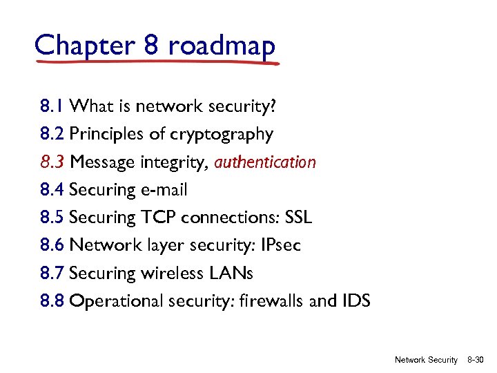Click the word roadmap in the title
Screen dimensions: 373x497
(x=222, y=46)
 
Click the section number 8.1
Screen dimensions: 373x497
(x=52, y=106)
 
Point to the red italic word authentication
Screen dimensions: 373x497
(x=265, y=162)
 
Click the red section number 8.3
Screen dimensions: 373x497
(x=52, y=162)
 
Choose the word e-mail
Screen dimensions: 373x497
(x=164, y=190)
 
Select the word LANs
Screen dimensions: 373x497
(x=229, y=274)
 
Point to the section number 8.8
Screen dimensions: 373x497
(x=52, y=301)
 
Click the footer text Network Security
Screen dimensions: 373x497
(x=426, y=360)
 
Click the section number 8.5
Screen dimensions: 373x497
(x=52, y=218)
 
